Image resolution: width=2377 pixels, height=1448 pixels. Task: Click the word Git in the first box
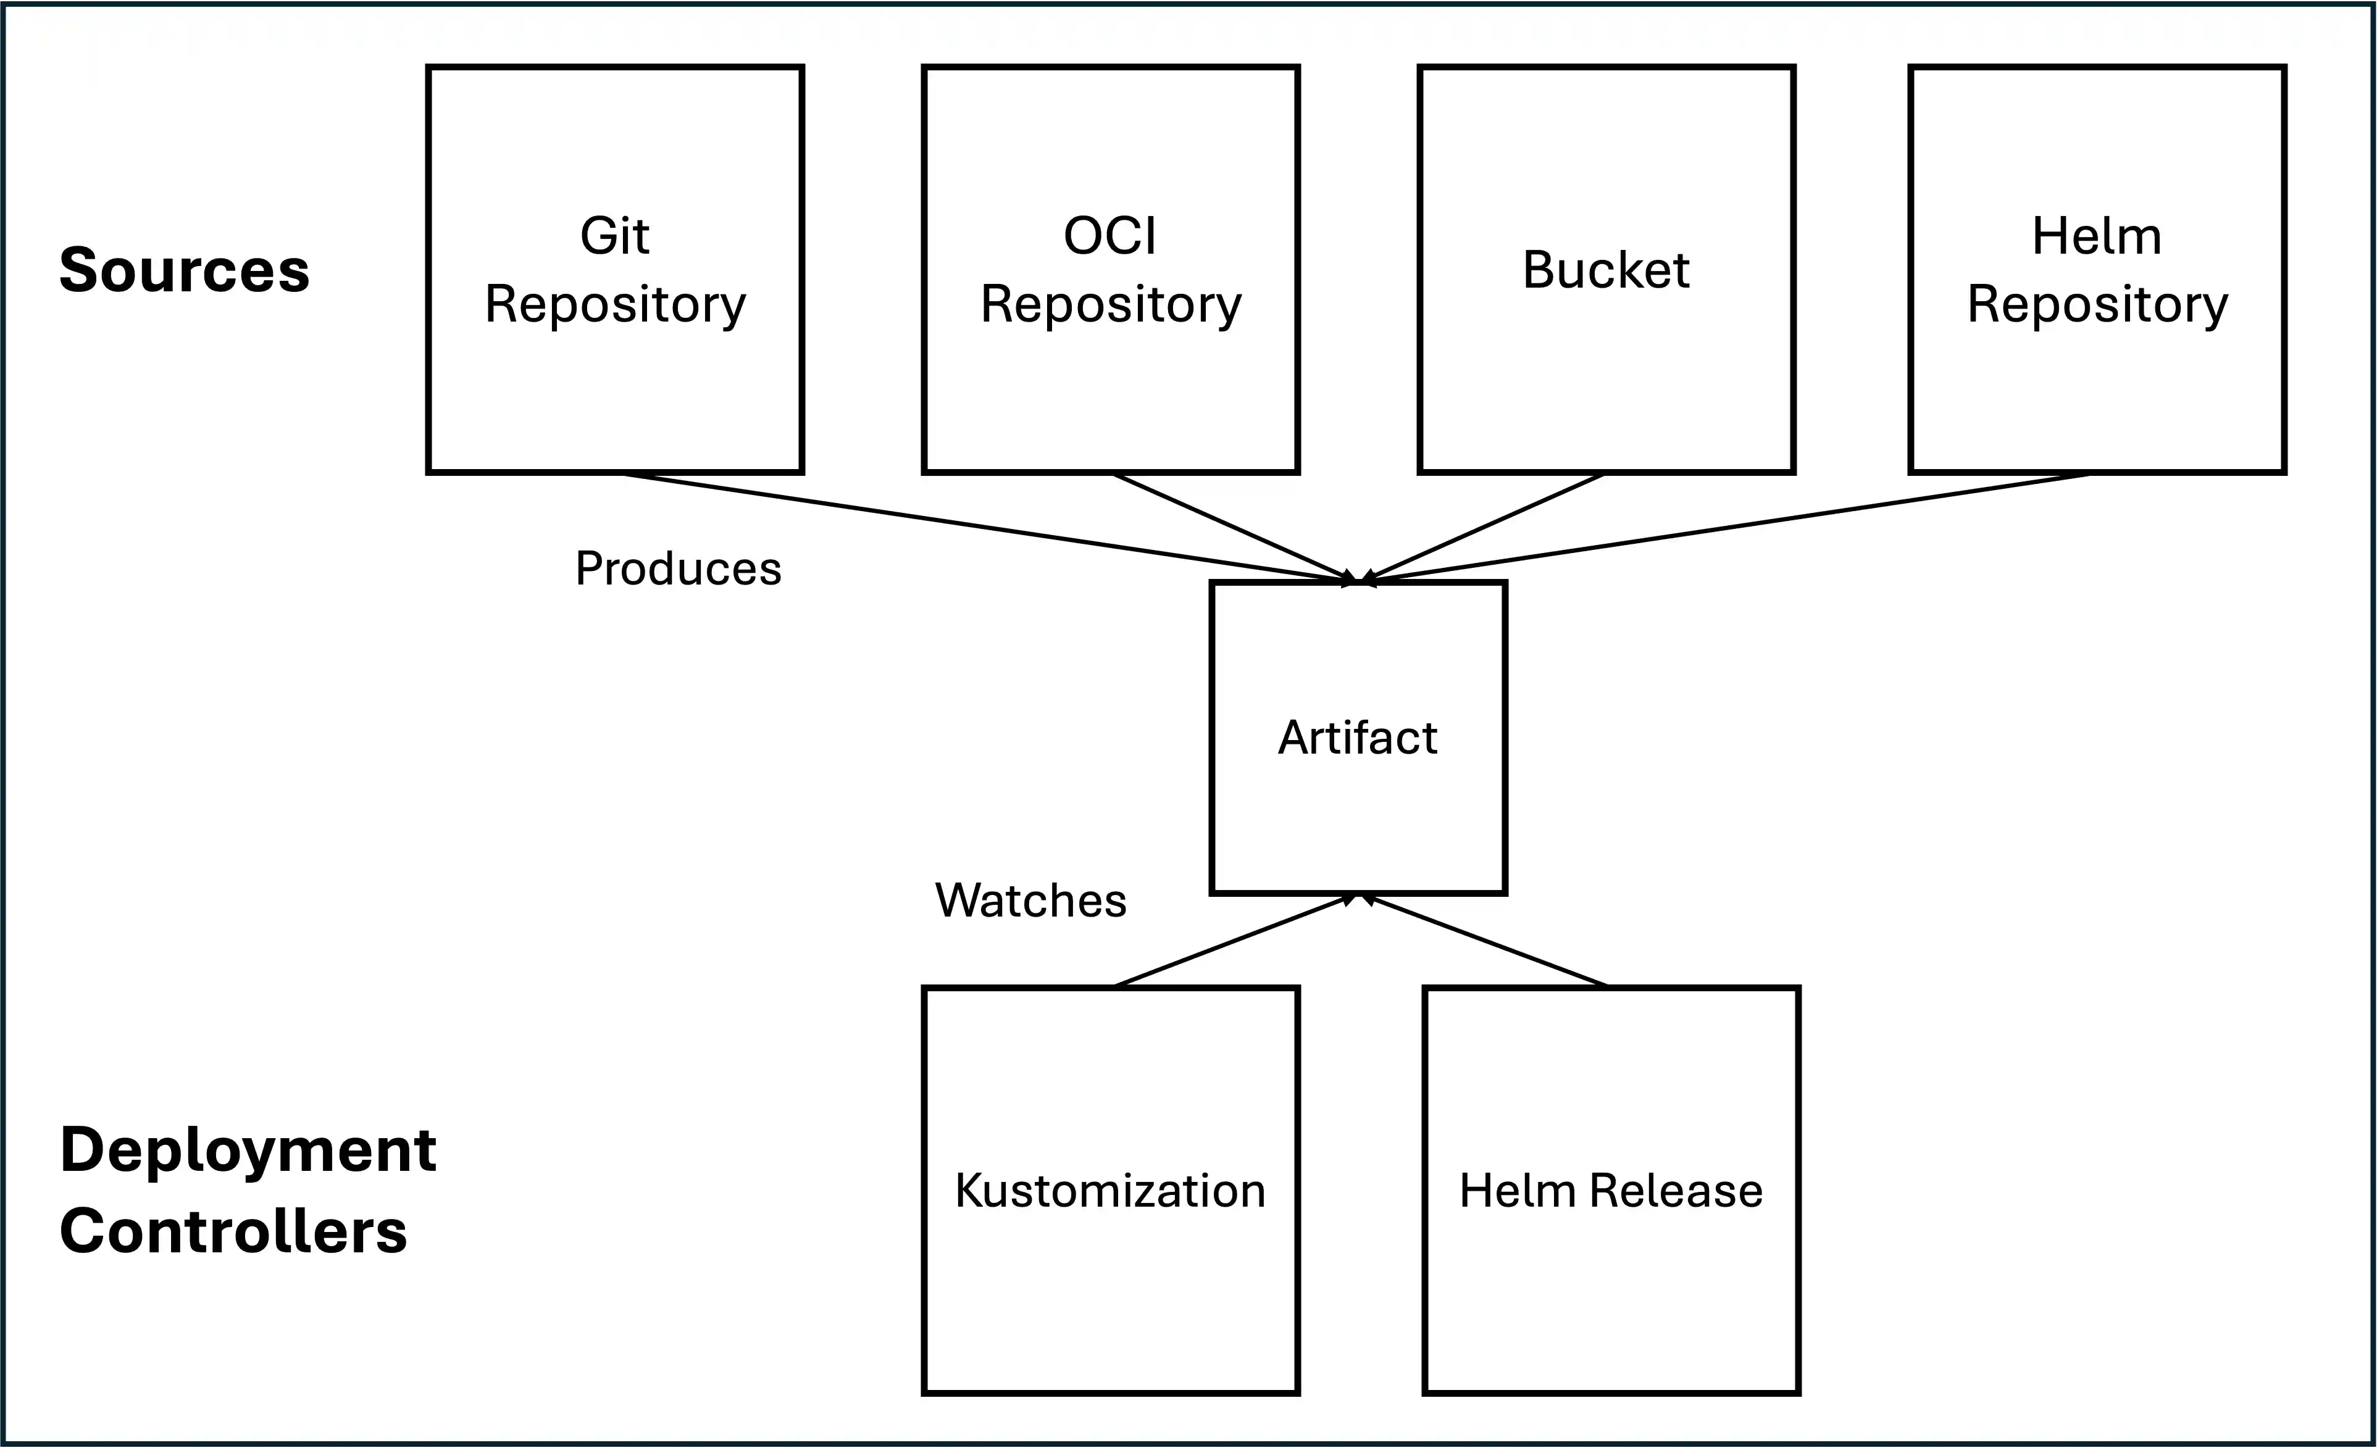coord(614,236)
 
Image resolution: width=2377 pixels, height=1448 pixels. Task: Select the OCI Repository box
coord(1110,386)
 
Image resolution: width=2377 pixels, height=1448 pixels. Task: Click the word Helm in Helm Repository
coord(2096,236)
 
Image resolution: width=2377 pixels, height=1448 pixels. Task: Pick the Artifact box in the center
coord(1357,810)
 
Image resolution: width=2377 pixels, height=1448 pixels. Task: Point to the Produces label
coord(678,568)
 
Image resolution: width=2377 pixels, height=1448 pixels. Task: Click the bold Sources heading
coord(184,270)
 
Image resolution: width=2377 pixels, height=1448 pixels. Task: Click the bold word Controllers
coord(233,1232)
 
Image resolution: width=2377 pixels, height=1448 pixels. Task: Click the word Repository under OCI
coord(1110,305)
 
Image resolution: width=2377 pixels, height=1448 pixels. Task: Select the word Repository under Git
coord(614,305)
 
